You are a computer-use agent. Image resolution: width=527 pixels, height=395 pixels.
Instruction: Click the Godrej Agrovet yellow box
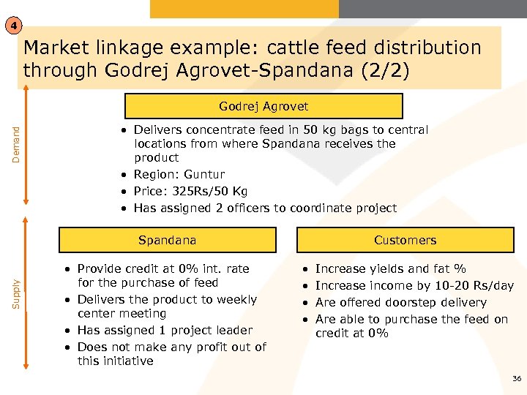[263, 106]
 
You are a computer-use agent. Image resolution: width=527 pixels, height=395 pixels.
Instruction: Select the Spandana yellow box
[168, 240]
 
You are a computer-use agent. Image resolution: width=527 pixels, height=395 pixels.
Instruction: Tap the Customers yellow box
[405, 240]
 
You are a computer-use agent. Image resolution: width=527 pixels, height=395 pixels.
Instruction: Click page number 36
[517, 378]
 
